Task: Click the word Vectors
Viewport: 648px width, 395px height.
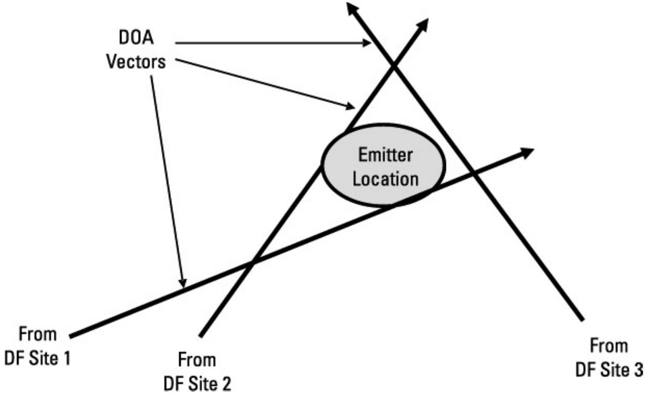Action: (x=136, y=62)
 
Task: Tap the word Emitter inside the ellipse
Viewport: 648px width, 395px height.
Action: (x=385, y=155)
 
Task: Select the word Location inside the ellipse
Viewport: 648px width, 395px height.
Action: (x=385, y=179)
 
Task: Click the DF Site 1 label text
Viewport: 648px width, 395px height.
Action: (x=37, y=358)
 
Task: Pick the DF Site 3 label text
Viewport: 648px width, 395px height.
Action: (x=609, y=370)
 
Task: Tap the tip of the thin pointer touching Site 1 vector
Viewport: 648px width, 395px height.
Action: (x=183, y=287)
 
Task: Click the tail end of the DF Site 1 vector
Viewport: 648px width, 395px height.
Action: (x=71, y=335)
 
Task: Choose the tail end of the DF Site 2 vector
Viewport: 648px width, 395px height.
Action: (x=200, y=335)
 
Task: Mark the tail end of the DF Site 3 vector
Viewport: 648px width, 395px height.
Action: (x=582, y=320)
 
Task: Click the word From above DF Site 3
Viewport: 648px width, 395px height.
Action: (x=609, y=346)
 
